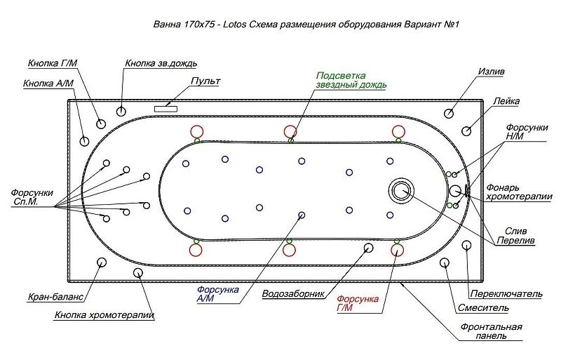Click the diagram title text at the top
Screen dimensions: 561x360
click(x=306, y=25)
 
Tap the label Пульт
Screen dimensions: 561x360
click(x=205, y=81)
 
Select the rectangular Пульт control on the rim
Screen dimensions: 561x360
click(x=165, y=109)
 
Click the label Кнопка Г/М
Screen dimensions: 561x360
click(x=53, y=63)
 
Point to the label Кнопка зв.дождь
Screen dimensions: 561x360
click(x=161, y=63)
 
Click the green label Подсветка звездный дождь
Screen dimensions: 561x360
click(x=351, y=80)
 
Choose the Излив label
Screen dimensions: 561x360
click(x=492, y=72)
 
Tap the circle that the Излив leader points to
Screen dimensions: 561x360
click(x=449, y=114)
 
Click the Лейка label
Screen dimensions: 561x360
click(x=506, y=101)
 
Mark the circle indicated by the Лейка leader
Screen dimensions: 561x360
click(x=466, y=131)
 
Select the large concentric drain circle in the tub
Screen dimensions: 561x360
click(x=401, y=190)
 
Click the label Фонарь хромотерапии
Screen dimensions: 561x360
click(x=519, y=192)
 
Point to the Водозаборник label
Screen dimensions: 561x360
click(x=293, y=294)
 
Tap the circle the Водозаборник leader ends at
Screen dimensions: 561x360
click(x=368, y=248)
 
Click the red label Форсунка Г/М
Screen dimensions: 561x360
click(x=358, y=303)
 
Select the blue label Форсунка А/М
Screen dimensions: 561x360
click(x=217, y=294)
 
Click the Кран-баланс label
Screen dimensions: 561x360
click(x=55, y=297)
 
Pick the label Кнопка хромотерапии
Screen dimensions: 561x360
click(x=104, y=315)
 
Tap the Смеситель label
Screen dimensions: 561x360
click(x=483, y=307)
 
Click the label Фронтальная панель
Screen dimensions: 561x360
click(x=491, y=331)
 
